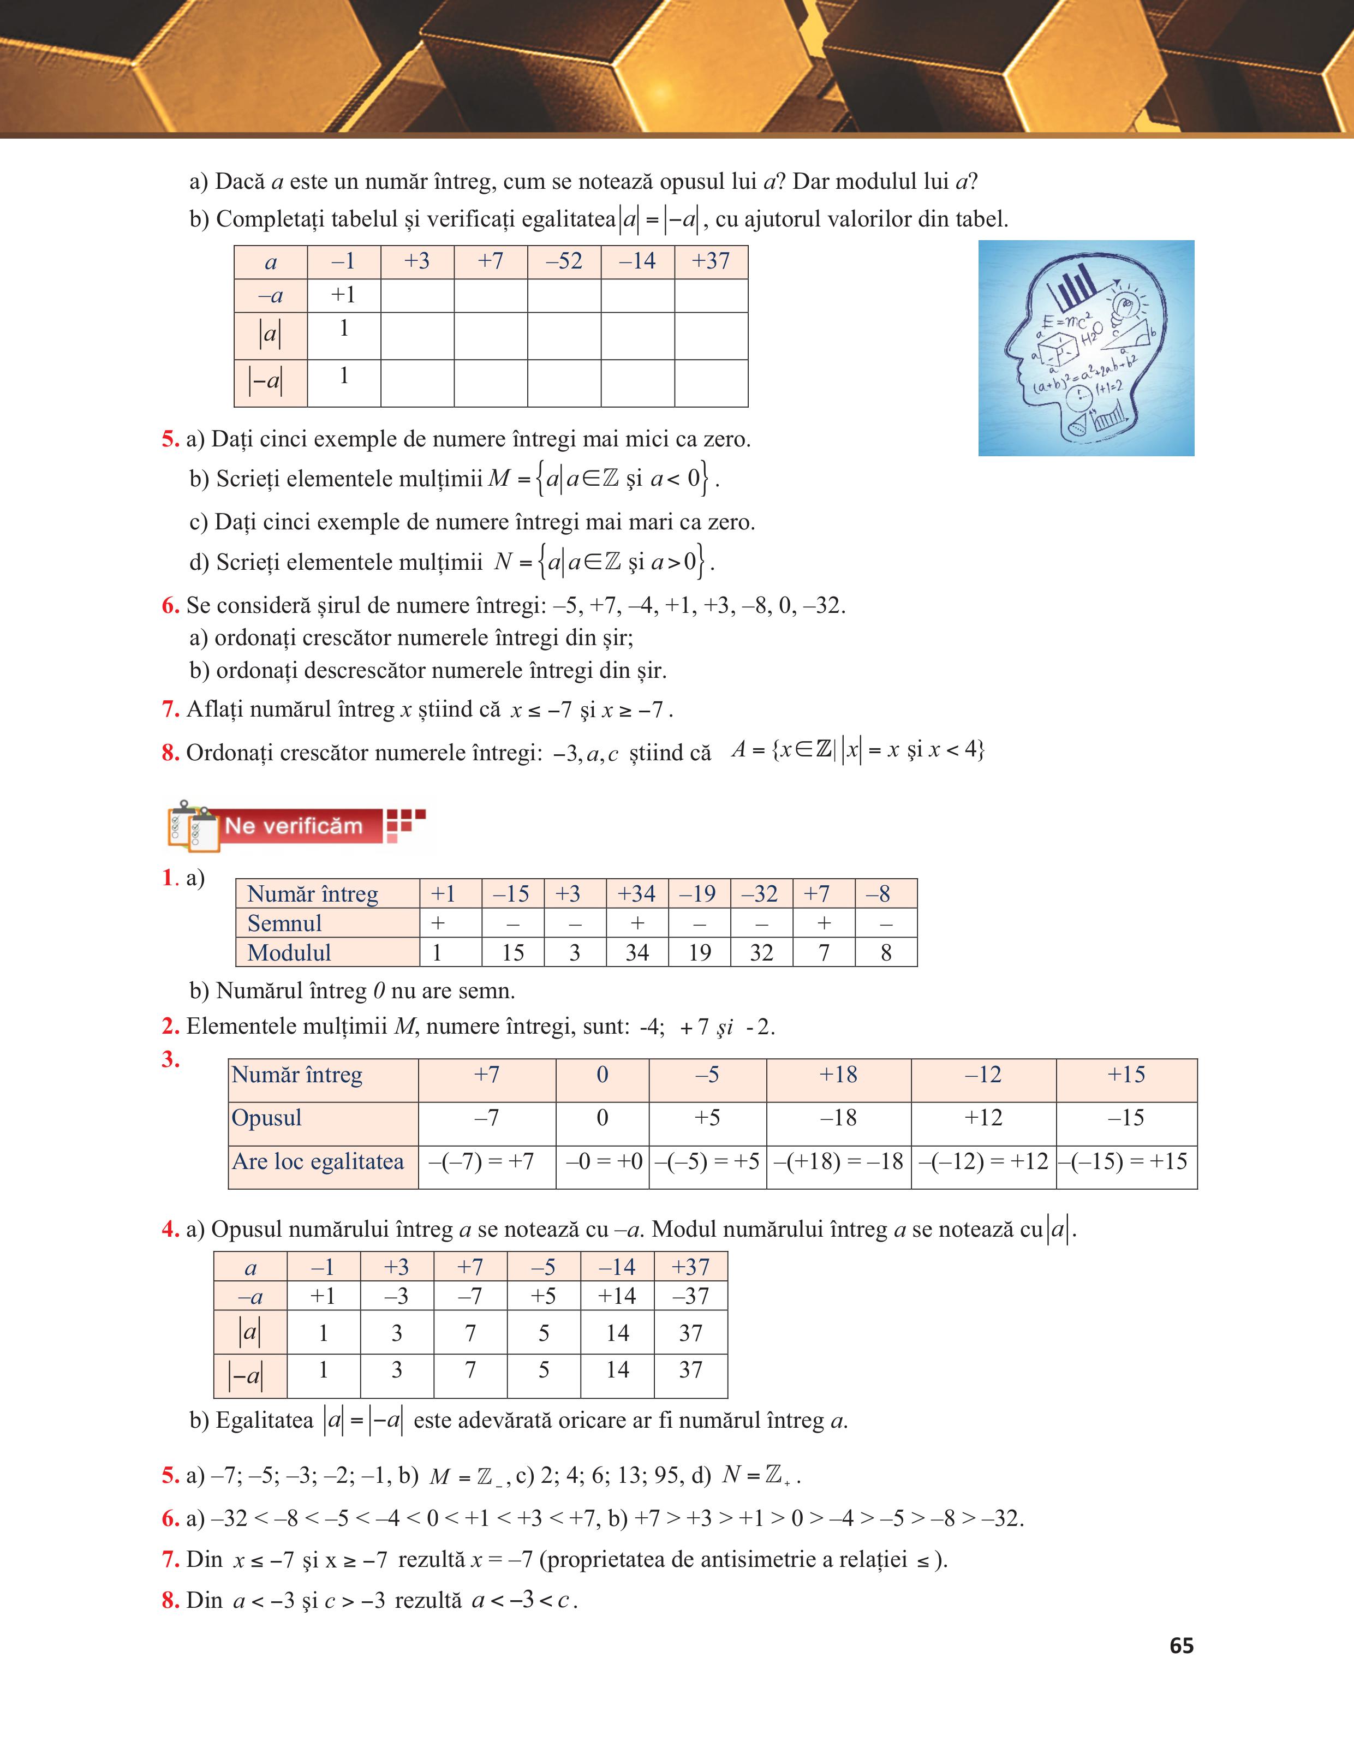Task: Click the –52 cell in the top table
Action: pos(564,261)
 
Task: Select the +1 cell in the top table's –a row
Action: pos(343,295)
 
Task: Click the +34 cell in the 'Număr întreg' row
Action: pos(637,893)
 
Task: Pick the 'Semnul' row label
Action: pos(284,923)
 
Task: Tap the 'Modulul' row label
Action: pos(289,952)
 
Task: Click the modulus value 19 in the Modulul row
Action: pos(699,952)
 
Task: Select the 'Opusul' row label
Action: pos(266,1118)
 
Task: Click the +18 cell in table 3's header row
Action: pos(838,1075)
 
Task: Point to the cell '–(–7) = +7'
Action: pos(486,1161)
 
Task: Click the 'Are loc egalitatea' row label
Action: pos(318,1161)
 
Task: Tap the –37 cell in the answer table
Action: pos(690,1296)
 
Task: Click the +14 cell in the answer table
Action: pos(617,1296)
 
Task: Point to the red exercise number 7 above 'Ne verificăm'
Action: pos(170,708)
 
